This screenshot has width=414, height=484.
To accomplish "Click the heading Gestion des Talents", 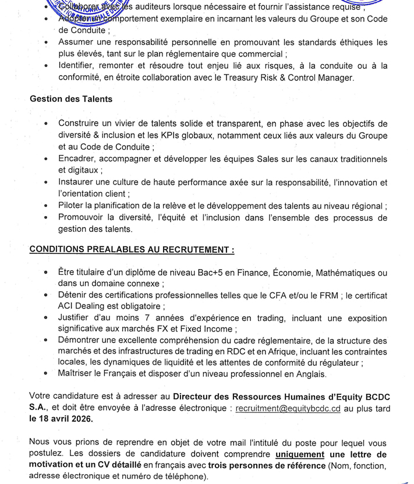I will click(x=71, y=99).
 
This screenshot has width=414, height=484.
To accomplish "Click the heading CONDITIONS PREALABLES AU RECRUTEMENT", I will click(x=132, y=249).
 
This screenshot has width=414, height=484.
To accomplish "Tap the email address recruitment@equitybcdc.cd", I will click(x=288, y=409).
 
